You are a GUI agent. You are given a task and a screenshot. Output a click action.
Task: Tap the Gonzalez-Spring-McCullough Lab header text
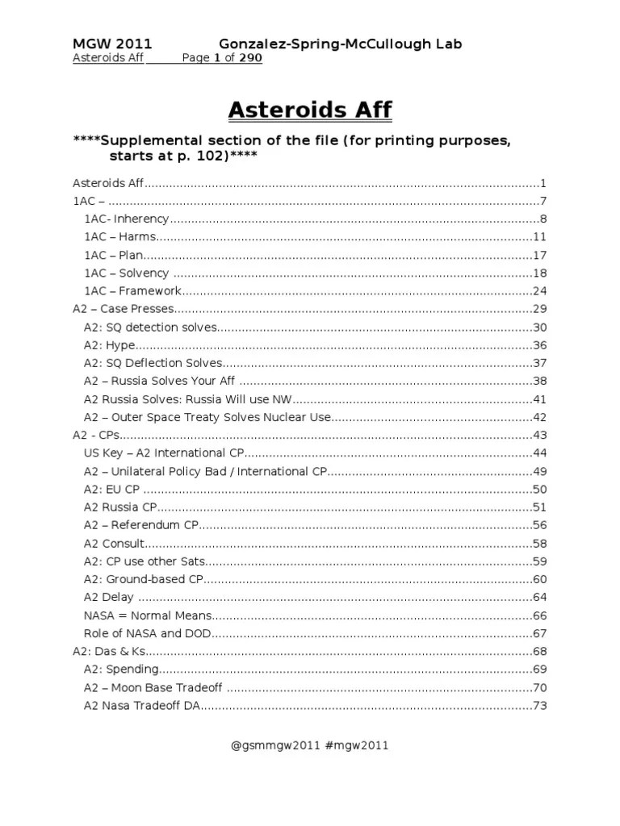click(341, 44)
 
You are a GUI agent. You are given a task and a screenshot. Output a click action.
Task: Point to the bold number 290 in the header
click(250, 59)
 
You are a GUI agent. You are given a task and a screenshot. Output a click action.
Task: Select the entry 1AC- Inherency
click(126, 219)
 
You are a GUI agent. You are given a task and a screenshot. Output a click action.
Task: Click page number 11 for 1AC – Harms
click(540, 237)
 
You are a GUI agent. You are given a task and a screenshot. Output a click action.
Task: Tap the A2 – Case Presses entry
click(124, 309)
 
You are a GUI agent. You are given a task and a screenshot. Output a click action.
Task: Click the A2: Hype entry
click(109, 345)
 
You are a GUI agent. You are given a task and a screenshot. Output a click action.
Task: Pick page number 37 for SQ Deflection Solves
click(540, 363)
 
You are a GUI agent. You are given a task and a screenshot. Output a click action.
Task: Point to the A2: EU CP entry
click(112, 490)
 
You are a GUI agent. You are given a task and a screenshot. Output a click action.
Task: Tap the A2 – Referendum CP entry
click(141, 526)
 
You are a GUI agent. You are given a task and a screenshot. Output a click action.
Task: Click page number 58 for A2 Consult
click(540, 544)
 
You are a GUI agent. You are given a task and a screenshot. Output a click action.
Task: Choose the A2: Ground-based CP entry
click(143, 580)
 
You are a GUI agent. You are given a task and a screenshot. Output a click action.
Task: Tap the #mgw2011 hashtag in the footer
click(357, 746)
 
